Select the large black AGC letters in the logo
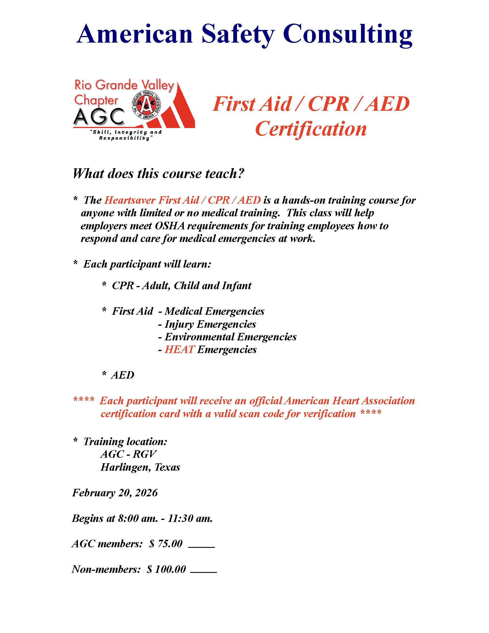99,117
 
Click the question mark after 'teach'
241,173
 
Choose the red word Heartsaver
126,200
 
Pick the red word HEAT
179,350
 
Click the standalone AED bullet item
123,375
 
